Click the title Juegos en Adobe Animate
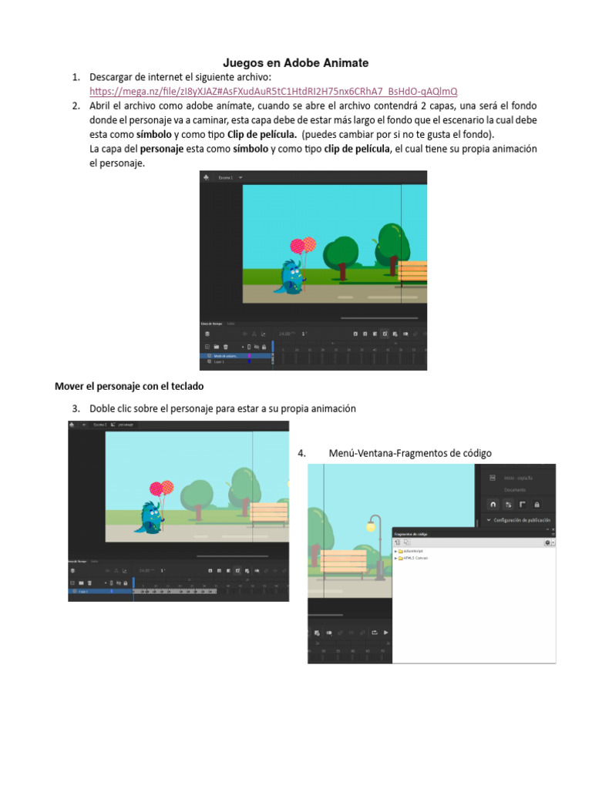tap(296, 63)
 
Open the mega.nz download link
tap(274, 91)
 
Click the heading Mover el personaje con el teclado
tap(129, 385)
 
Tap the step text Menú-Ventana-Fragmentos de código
tap(409, 453)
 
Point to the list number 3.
tap(76, 408)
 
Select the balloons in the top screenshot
tap(303, 246)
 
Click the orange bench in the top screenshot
tap(412, 272)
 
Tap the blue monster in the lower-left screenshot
tap(151, 517)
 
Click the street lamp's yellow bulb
tap(371, 528)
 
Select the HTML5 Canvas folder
tap(414, 558)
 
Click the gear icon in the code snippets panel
tap(547, 542)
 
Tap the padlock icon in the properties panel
tap(536, 504)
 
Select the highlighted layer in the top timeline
tap(228, 356)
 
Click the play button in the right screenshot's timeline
tap(386, 633)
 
